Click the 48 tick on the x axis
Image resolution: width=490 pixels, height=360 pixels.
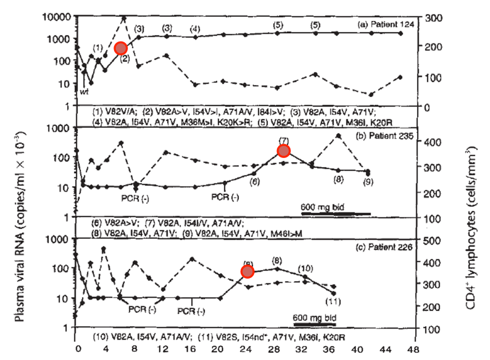(413, 349)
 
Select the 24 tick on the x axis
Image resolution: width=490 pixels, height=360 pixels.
(244, 349)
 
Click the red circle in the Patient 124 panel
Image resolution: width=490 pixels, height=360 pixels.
(121, 48)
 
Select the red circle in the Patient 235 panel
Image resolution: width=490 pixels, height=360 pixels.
(284, 151)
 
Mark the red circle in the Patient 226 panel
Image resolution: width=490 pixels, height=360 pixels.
(247, 271)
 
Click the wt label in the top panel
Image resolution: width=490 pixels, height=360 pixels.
(84, 90)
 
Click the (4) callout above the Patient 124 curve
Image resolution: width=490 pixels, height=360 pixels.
(195, 29)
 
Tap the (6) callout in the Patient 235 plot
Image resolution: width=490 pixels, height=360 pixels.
(255, 181)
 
